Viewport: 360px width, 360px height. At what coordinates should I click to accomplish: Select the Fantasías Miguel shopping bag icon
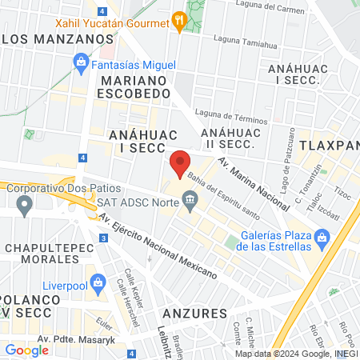click(x=81, y=62)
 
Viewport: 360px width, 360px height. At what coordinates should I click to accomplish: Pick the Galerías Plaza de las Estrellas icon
click(x=322, y=238)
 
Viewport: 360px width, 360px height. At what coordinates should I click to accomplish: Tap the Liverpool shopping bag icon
click(x=98, y=282)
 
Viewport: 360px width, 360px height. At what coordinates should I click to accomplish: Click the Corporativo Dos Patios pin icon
click(x=26, y=207)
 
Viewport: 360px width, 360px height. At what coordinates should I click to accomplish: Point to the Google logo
click(x=26, y=350)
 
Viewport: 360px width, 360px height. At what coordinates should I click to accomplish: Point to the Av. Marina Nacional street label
click(x=254, y=183)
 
